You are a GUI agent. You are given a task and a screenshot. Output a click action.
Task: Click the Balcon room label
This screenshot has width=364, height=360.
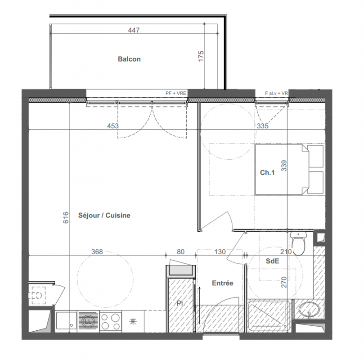coord(129,59)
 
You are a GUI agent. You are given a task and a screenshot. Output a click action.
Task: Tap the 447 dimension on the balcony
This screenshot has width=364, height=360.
coord(134,30)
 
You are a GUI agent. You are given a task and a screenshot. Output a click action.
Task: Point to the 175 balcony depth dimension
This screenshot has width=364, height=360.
coord(201,56)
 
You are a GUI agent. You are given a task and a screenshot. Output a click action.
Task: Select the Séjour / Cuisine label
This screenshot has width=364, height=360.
coord(104,216)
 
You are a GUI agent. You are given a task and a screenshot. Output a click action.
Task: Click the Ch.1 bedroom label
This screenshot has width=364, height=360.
coord(267,172)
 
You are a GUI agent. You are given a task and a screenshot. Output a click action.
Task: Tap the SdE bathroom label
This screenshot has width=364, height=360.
coord(273,261)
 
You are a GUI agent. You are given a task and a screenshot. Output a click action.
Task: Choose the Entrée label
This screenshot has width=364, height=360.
coord(223,283)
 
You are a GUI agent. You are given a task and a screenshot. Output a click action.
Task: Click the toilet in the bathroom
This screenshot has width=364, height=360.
coord(298,243)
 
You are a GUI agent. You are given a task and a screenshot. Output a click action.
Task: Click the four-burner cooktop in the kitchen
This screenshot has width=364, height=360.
coord(111,321)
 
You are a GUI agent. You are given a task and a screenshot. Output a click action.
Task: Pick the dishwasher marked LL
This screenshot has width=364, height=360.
coord(88,321)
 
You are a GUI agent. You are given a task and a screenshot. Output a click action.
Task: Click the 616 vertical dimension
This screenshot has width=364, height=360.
coord(66,217)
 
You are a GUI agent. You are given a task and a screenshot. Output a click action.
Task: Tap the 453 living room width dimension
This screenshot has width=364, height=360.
coord(113,126)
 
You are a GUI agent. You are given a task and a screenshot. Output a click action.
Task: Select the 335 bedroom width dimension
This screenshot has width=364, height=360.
coord(263,126)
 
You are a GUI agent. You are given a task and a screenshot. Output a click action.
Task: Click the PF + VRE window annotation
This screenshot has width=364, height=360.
coord(176,93)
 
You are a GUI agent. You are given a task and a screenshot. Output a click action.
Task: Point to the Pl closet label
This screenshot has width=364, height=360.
coord(180,303)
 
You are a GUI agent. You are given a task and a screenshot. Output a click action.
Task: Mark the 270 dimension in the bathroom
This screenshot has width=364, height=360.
coord(284,282)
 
